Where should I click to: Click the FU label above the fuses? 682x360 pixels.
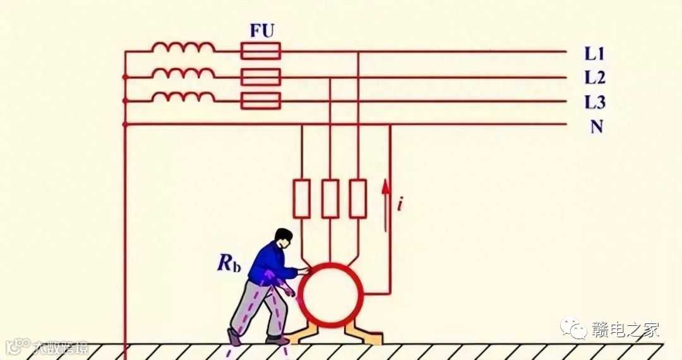click(x=261, y=31)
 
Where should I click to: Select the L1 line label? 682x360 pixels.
click(x=594, y=54)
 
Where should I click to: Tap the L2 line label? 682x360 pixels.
click(x=594, y=78)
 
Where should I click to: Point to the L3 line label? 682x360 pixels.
click(x=594, y=102)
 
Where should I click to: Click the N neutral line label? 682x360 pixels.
click(x=595, y=126)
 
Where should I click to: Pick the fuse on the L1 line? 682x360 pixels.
click(x=261, y=51)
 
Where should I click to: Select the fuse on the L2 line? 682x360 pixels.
click(x=261, y=77)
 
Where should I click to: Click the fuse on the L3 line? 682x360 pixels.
click(x=261, y=100)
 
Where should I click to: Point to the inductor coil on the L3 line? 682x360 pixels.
click(x=183, y=97)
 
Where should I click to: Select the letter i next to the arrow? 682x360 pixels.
click(x=399, y=204)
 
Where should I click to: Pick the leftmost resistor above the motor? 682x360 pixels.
click(x=301, y=198)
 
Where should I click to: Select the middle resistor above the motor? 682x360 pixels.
click(x=330, y=198)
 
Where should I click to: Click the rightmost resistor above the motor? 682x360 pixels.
click(x=358, y=198)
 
